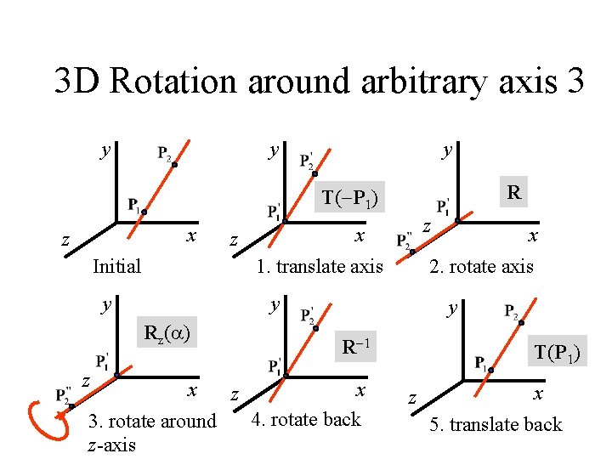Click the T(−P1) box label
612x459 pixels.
coord(349,199)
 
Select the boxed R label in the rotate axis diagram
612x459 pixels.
coord(513,192)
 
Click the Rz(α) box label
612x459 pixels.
coord(167,331)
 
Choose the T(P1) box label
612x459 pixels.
coord(557,350)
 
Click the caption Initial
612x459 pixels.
coord(116,266)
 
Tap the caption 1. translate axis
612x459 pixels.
coord(320,266)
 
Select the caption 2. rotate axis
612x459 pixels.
coord(482,266)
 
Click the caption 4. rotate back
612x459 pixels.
coord(307,419)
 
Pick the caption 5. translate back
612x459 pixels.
coord(496,424)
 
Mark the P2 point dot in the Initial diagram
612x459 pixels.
coord(174,165)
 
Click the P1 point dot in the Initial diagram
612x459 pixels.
coord(144,210)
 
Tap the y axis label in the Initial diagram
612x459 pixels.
coord(104,151)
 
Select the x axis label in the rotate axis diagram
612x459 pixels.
coord(532,235)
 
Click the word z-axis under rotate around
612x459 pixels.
coord(111,444)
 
